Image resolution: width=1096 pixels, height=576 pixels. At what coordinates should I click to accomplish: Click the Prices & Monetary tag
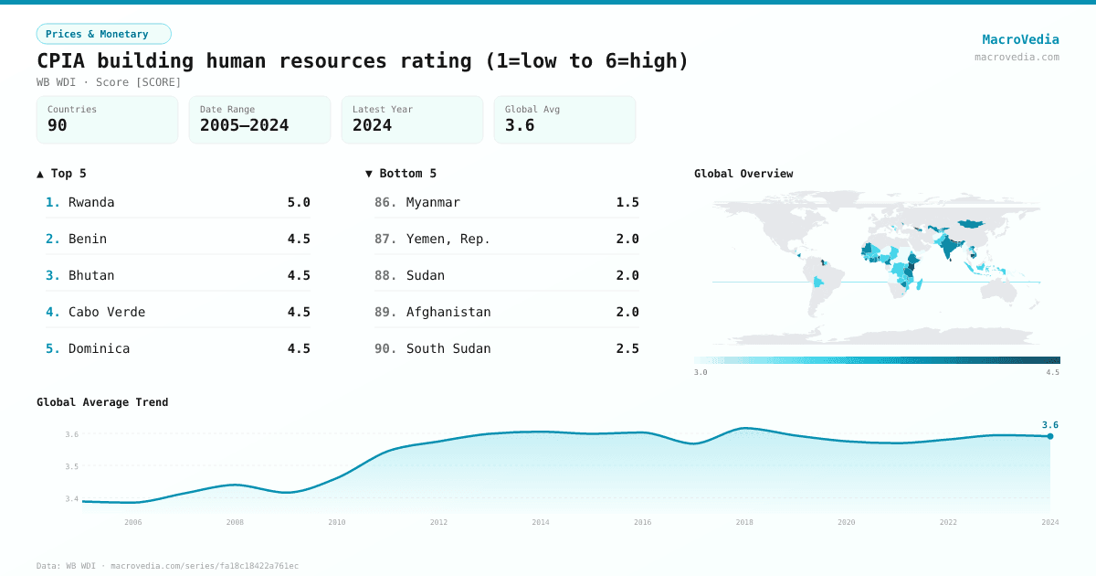103,34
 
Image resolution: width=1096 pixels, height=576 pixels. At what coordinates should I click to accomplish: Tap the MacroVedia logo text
1020,39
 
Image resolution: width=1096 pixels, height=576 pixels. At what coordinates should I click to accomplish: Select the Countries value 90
58,125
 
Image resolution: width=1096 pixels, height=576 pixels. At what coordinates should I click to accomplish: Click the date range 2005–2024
244,125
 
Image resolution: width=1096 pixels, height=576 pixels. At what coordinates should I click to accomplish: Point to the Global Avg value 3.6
520,125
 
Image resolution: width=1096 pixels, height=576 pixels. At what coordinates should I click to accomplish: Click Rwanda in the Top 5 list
91,202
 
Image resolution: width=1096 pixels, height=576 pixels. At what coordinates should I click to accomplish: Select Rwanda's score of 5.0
299,202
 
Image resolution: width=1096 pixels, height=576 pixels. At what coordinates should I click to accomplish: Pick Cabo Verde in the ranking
107,312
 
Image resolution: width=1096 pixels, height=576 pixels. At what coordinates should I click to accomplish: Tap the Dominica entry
99,348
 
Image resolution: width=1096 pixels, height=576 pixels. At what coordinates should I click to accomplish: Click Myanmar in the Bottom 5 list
433,202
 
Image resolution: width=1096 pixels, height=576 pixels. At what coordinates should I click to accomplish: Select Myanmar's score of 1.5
627,202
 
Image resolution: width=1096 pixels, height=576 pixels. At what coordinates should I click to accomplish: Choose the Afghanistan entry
448,312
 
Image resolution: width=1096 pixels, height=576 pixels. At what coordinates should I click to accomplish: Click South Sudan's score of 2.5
627,348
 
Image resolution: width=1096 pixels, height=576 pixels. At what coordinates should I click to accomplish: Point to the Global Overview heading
743,174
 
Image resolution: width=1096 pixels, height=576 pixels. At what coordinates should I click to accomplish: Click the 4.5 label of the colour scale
1052,372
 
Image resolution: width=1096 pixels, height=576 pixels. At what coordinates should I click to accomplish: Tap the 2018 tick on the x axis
744,522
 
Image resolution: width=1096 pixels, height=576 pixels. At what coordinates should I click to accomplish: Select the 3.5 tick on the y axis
72,466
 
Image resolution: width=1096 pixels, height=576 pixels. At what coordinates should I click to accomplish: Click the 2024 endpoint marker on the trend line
1050,436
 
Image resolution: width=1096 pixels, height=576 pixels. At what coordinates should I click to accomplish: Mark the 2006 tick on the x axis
133,522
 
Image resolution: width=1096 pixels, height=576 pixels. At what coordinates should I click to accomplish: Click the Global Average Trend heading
102,402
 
